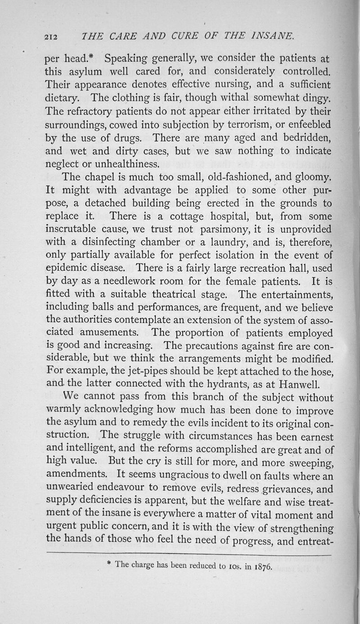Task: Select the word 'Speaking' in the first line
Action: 127,59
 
